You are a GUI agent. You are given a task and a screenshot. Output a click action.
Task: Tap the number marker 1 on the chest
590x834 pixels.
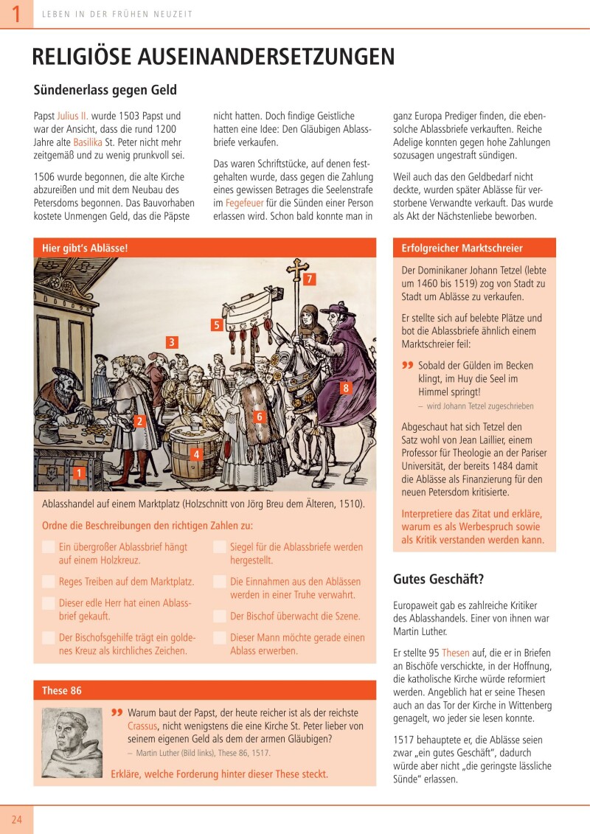click(x=79, y=473)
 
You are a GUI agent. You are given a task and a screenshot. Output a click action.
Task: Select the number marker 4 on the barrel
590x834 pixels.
click(x=196, y=454)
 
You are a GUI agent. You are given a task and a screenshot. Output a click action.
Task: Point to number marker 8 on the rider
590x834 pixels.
click(x=345, y=388)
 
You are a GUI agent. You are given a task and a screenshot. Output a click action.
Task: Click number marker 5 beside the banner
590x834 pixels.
click(x=217, y=324)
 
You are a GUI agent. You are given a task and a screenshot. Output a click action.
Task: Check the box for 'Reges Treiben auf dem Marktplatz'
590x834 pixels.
click(x=48, y=582)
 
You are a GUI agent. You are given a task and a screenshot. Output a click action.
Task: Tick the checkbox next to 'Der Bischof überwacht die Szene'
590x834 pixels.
click(x=219, y=616)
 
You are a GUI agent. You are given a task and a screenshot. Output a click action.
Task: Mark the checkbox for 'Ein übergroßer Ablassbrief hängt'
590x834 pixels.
click(x=48, y=547)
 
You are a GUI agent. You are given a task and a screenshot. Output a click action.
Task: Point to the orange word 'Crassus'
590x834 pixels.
click(x=144, y=726)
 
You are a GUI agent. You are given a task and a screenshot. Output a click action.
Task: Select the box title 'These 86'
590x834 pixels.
click(x=62, y=691)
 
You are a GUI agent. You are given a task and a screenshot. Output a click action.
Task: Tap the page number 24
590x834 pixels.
click(x=16, y=819)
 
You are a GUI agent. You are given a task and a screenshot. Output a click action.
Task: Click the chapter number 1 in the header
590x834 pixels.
click(x=15, y=14)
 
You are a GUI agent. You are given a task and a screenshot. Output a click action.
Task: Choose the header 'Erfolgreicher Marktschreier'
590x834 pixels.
click(x=462, y=249)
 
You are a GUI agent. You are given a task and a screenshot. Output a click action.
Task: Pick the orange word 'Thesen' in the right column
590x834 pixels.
click(x=456, y=653)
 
